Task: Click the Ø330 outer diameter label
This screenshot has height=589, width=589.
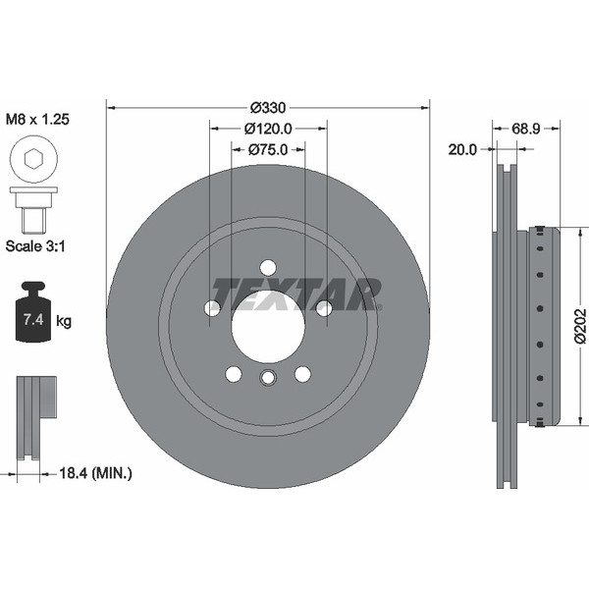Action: (x=268, y=108)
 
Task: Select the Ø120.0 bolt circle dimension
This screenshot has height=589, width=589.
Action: (x=268, y=129)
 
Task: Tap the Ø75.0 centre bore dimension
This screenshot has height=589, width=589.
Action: (x=268, y=150)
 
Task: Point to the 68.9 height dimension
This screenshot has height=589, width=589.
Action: (x=526, y=129)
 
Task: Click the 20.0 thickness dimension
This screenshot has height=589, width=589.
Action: (x=462, y=150)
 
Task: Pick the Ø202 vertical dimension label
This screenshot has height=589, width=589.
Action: (x=580, y=326)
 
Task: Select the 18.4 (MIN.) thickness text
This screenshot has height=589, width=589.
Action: (x=96, y=473)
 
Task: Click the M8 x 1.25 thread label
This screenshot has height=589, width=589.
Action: (x=37, y=120)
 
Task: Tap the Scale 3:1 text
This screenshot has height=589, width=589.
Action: (x=35, y=246)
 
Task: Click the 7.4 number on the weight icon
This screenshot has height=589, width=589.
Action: (x=33, y=320)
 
